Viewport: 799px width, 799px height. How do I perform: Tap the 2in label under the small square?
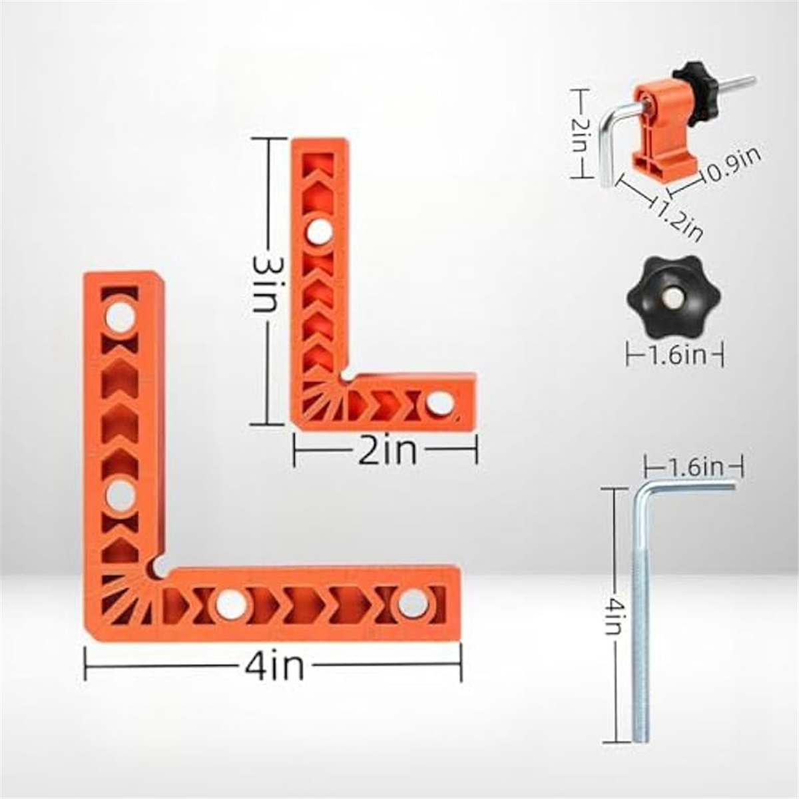[387, 451]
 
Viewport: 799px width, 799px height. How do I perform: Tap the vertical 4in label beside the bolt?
[614, 616]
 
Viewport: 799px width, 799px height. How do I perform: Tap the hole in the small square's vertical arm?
[320, 230]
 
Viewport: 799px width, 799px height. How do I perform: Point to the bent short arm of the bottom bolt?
[692, 486]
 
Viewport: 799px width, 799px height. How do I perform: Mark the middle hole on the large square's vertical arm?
[121, 494]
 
